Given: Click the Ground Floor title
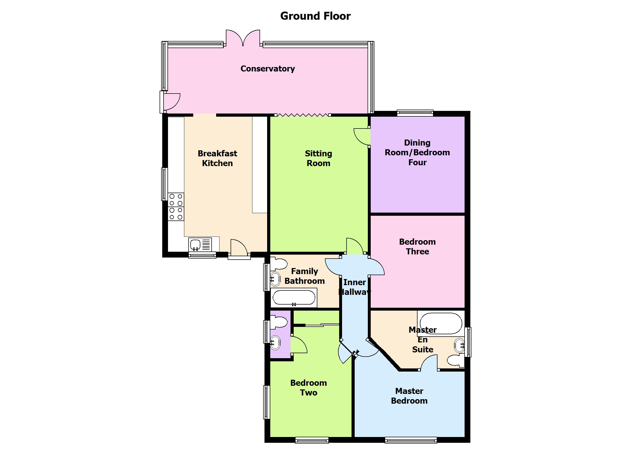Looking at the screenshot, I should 315,16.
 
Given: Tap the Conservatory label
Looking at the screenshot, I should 268,68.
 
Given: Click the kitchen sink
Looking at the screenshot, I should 196,244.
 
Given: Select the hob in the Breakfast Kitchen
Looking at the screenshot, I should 176,207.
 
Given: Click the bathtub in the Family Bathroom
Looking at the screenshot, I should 294,298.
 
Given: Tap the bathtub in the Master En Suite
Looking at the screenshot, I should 441,323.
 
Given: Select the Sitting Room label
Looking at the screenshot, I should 318,158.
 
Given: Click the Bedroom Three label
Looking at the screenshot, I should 417,246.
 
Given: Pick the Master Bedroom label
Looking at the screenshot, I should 409,396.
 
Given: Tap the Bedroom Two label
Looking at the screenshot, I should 308,388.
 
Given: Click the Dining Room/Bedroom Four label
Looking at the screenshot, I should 417,152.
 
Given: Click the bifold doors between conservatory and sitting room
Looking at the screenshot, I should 303,115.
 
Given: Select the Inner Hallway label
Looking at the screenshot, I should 354,287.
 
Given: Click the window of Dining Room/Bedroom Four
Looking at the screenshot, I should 415,113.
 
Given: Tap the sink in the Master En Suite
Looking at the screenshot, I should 459,346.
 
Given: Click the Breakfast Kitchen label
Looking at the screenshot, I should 217,158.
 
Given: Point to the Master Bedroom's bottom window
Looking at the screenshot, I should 411,440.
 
